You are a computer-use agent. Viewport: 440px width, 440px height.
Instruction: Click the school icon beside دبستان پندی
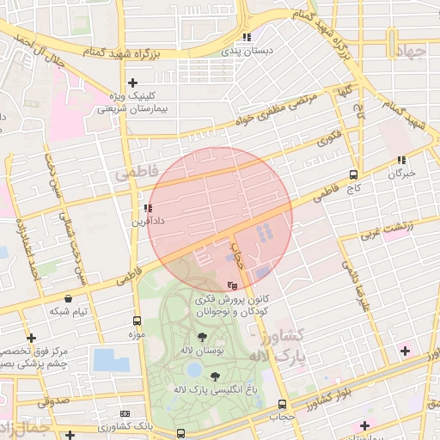pos(247,37)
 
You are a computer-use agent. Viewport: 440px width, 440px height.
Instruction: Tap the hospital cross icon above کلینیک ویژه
pos(131,82)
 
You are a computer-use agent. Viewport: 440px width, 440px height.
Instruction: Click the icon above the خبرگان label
pos(401,160)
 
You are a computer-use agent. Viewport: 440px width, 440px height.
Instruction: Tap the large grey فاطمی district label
pos(136,174)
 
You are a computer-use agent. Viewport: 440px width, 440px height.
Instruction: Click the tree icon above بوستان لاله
pos(202,338)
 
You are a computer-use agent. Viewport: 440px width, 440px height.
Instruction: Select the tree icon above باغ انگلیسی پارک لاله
pos(213,377)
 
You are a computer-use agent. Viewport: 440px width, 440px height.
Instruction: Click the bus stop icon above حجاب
pos(282,404)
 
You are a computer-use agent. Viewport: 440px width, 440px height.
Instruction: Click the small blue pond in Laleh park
pos(194,370)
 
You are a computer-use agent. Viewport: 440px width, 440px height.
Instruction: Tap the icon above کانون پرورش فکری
pos(232,285)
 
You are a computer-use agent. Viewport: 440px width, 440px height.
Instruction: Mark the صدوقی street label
pos(54,400)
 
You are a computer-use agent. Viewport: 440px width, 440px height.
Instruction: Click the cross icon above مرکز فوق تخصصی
pos(32,338)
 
